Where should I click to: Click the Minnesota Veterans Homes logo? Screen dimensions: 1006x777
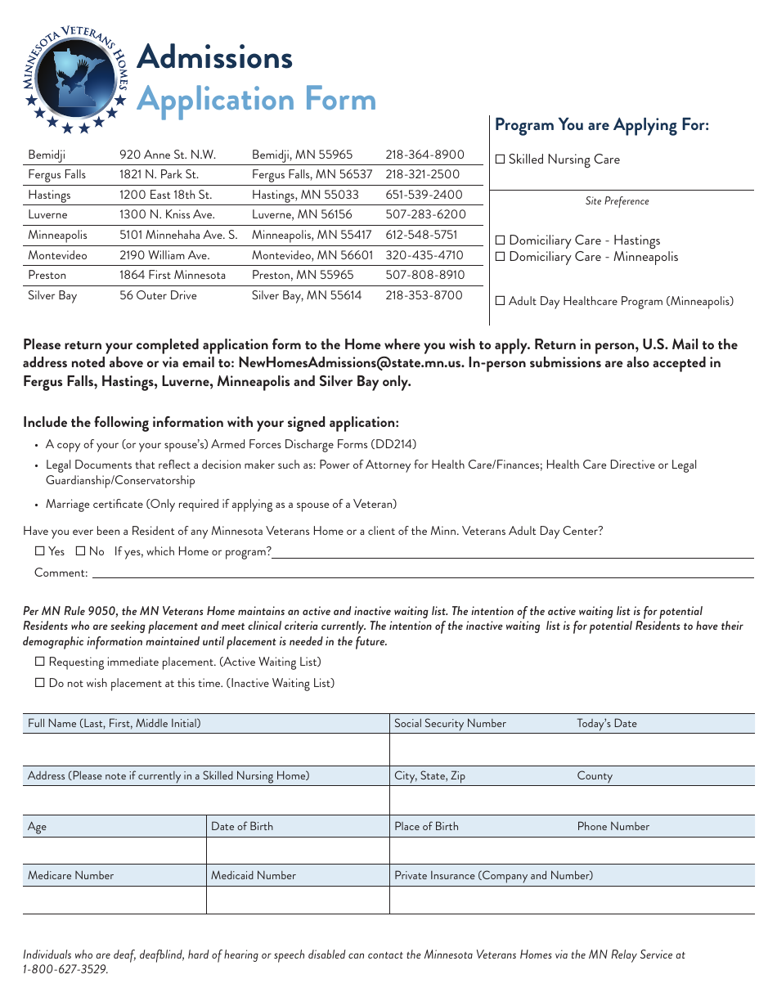pos(74,79)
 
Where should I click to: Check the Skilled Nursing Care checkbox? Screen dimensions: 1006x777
pos(501,160)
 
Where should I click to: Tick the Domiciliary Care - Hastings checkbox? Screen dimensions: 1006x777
pos(501,240)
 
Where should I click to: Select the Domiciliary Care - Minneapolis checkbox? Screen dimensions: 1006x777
pos(501,257)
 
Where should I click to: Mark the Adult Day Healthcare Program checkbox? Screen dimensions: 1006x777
pos(501,301)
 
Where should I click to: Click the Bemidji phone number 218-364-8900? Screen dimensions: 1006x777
pos(424,155)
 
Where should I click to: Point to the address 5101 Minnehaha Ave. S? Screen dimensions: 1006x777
pos(178,235)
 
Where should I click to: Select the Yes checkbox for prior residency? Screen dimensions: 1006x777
pos(39,551)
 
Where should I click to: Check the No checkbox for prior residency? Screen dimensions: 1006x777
pos(80,551)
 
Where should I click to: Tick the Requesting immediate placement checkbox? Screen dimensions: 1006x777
pos(39,662)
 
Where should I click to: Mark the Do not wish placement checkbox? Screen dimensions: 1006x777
pos(39,683)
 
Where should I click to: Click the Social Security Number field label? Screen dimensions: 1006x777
pos(450,723)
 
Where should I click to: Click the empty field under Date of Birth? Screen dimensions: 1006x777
pos(298,851)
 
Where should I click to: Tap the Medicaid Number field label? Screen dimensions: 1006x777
pos(254,875)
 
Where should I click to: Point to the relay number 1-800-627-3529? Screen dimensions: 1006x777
pos(65,969)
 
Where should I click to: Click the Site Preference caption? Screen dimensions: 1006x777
pos(617,201)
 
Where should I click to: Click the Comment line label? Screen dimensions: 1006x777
pos(61,573)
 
